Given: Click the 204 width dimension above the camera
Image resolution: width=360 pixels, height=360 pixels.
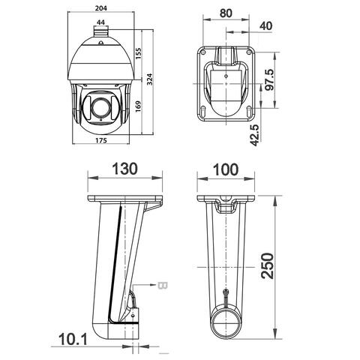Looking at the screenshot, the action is click(x=101, y=8).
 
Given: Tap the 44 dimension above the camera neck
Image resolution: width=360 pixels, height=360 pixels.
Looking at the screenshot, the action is click(x=100, y=22).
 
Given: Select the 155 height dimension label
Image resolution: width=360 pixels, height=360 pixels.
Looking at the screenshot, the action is click(x=138, y=53).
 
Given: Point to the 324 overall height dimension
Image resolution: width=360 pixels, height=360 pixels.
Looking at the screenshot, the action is click(x=149, y=79).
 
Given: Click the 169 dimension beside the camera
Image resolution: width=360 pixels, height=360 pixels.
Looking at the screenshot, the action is click(x=138, y=106).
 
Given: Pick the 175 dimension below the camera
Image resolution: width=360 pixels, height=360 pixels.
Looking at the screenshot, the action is click(x=101, y=140).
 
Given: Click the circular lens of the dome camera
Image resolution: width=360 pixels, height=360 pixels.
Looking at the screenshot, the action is click(x=100, y=107).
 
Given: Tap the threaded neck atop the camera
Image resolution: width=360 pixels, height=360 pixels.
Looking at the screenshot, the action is click(x=101, y=31).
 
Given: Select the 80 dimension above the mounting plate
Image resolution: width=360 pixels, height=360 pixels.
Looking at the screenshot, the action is click(x=226, y=13).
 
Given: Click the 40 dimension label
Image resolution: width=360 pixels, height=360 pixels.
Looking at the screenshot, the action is click(x=265, y=25).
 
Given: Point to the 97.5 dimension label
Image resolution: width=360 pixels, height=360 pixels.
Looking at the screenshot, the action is click(x=270, y=80).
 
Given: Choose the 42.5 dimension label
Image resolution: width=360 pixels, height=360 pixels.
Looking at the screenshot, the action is click(x=255, y=135).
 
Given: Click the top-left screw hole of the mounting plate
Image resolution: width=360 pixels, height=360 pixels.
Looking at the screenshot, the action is click(x=203, y=52).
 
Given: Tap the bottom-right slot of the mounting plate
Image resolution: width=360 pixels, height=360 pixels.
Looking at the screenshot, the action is click(x=249, y=112).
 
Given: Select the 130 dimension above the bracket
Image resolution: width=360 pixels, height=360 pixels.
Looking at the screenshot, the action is click(x=124, y=169).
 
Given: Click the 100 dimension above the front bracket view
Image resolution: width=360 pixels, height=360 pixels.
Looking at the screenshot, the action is click(x=226, y=169).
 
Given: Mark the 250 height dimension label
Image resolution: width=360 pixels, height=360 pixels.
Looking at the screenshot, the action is click(x=267, y=265).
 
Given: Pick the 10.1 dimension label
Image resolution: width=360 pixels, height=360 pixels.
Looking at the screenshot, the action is click(x=73, y=339).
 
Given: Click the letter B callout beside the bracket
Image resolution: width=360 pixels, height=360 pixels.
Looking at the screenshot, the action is click(x=163, y=285).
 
